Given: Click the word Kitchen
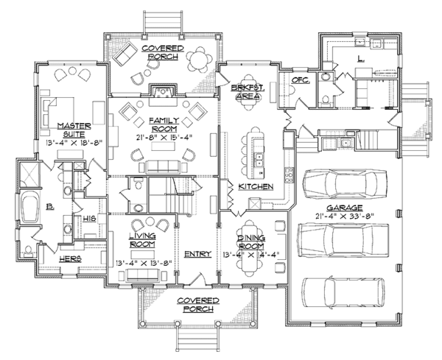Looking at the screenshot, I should pos(255,186).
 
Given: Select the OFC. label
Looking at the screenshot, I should pos(298,79).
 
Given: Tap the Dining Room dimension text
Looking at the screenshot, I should pos(250,255).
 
